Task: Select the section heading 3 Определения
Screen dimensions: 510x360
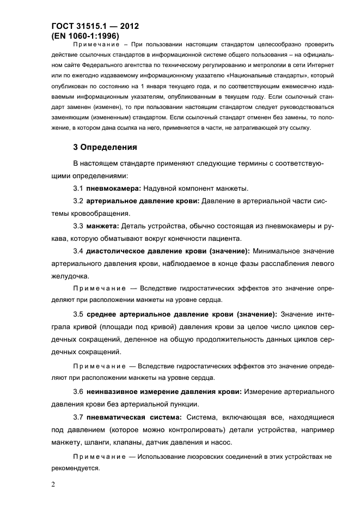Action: click(x=105, y=147)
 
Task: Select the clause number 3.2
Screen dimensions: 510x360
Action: click(x=78, y=201)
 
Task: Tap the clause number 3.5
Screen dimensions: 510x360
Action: click(x=78, y=314)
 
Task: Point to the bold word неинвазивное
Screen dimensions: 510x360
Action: click(x=114, y=392)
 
